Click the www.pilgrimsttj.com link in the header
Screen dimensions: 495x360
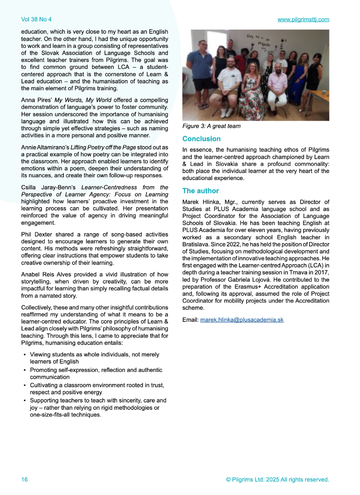pos(303,20)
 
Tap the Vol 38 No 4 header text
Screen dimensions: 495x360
pos(36,20)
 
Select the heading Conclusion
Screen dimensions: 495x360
pos(201,139)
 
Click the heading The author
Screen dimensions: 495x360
pos(201,191)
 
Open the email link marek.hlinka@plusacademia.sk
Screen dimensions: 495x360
pos(242,320)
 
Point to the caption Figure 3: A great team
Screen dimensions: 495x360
pos(211,126)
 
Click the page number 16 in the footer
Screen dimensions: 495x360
pos(25,480)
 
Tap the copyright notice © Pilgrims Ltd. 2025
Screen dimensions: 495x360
pos(277,480)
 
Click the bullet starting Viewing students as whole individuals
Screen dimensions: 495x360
pos(94,355)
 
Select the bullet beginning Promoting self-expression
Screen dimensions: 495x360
pos(96,370)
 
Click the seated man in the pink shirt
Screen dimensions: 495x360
pos(277,87)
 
